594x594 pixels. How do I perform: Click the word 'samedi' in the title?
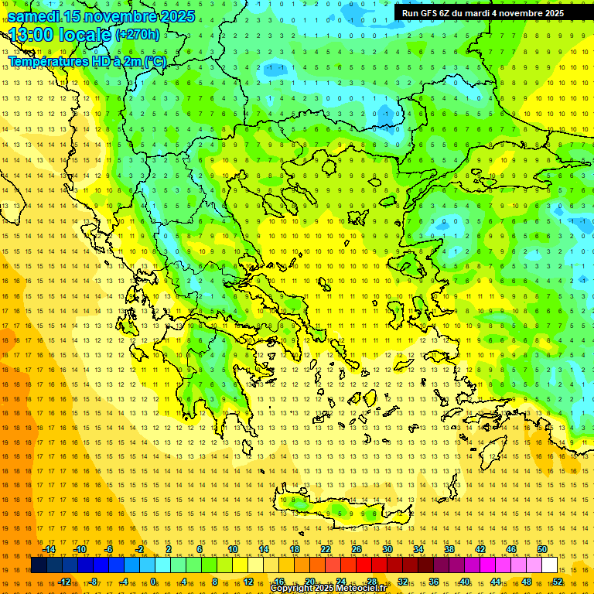coord(34,15)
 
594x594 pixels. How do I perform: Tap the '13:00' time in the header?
coord(32,35)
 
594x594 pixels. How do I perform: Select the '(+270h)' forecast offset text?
coord(138,34)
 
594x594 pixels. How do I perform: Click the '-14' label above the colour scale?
coord(48,549)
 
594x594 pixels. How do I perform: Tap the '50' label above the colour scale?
coord(542,549)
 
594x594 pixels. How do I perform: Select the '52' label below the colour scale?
coord(558,582)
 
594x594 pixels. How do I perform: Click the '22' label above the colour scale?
coord(326,549)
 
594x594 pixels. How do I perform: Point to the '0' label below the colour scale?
coord(153,582)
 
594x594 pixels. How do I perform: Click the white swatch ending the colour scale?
coord(549,565)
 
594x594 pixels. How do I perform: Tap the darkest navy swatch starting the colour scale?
coord(39,565)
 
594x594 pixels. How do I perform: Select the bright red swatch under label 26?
coord(364,565)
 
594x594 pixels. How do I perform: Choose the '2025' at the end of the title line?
coord(172,15)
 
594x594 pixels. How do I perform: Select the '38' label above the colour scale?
coord(449,549)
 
